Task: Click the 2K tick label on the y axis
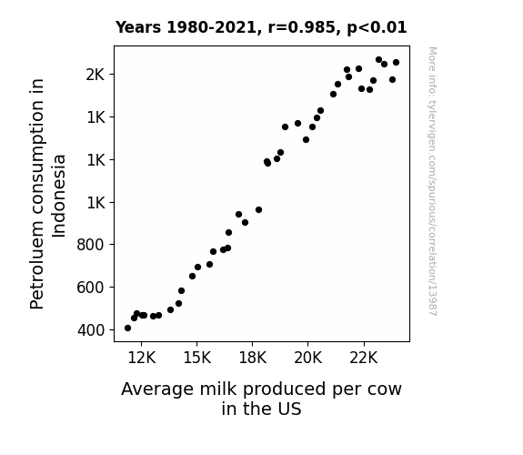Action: pos(96,75)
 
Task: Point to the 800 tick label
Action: pos(90,245)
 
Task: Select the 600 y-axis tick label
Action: pos(90,288)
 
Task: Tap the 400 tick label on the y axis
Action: pos(91,330)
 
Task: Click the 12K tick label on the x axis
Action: pos(141,358)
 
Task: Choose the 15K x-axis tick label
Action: pos(197,358)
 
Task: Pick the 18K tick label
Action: pos(253,358)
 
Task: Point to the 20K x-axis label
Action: pos(307,358)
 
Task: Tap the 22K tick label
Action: pos(364,358)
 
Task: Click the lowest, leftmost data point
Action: pos(127,329)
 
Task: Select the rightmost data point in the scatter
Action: pos(396,63)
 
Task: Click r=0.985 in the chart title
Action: pos(301,27)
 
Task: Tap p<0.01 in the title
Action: pos(377,27)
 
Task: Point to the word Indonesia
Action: pos(59,196)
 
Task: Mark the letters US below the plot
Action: pos(291,409)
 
